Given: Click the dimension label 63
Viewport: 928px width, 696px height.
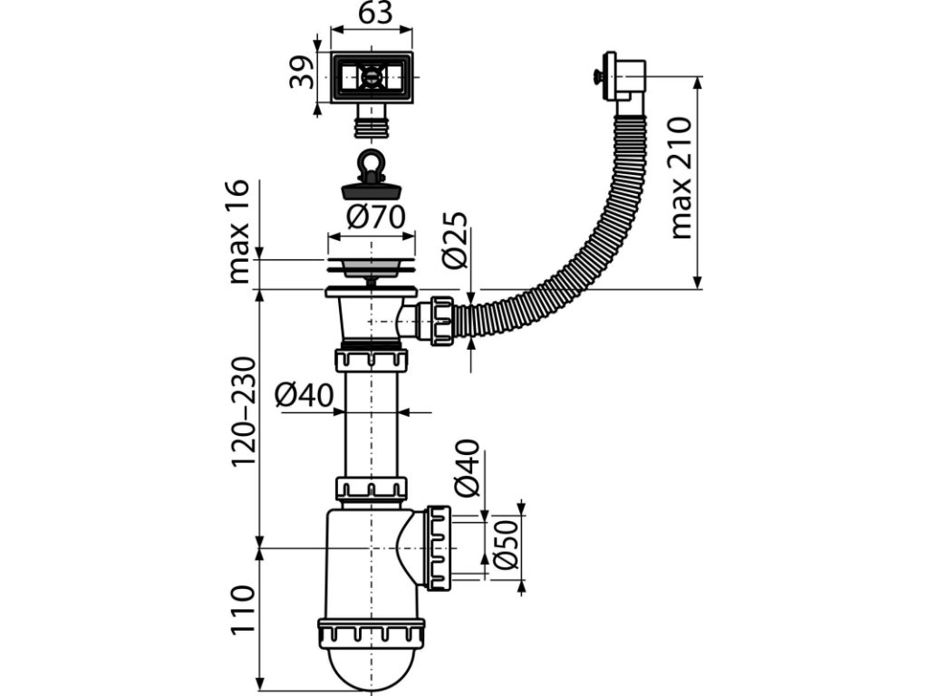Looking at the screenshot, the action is click(372, 14).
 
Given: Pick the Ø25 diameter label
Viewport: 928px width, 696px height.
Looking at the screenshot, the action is click(455, 240).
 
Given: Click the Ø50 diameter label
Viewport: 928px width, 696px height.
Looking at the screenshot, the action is click(507, 545).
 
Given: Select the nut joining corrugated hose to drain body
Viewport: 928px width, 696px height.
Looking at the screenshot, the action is click(443, 319).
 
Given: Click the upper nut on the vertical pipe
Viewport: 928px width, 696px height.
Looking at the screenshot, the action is click(372, 360).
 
